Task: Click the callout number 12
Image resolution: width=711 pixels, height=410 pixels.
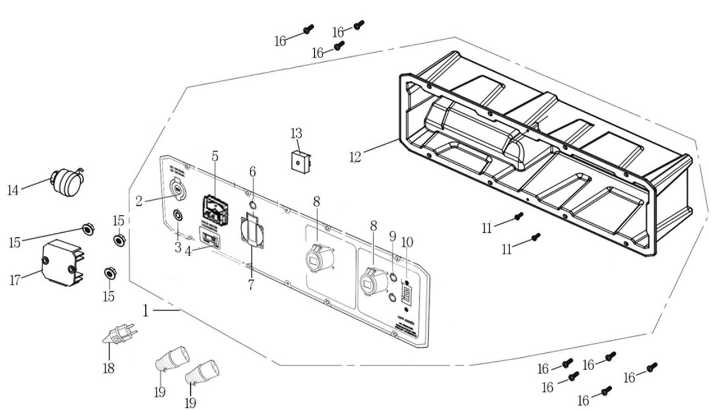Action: (355, 156)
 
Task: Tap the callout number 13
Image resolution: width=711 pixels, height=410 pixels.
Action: (296, 133)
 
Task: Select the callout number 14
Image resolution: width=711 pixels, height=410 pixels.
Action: (13, 190)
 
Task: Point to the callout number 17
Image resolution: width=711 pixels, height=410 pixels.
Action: (15, 279)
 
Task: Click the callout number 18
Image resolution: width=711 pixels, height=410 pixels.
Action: (108, 368)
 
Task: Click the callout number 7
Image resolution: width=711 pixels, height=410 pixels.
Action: (251, 284)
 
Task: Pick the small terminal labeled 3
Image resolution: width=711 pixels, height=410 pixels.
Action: (178, 215)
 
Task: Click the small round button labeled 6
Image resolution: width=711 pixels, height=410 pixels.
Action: (253, 204)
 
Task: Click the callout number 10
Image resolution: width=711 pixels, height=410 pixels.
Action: (407, 242)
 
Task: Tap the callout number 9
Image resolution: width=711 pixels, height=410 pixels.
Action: (392, 236)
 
